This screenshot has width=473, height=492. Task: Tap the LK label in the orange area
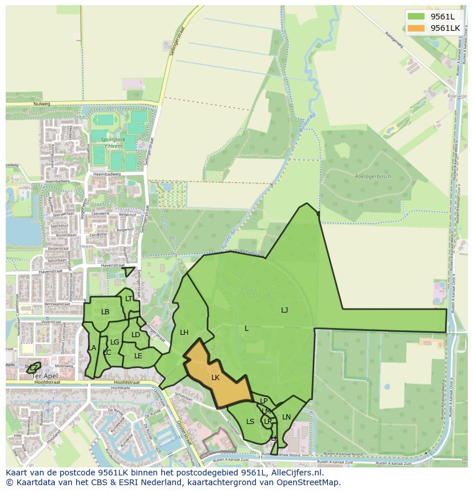click(215, 378)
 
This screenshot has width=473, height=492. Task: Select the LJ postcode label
click(284, 310)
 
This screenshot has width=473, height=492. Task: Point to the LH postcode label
click(184, 333)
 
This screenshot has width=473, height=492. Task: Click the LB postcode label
click(105, 312)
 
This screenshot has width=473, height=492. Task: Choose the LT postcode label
click(129, 299)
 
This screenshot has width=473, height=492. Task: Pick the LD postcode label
click(135, 335)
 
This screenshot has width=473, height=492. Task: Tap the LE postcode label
click(138, 355)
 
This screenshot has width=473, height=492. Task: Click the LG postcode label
click(115, 342)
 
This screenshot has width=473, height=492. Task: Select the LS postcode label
click(250, 422)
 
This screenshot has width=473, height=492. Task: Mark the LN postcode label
click(286, 417)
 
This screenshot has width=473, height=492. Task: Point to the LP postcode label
click(264, 401)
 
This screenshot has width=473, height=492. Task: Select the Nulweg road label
click(42, 104)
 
